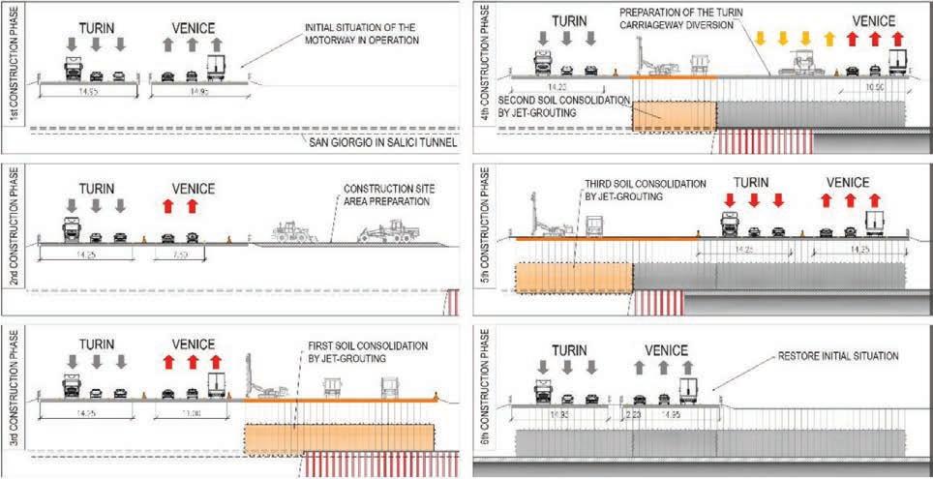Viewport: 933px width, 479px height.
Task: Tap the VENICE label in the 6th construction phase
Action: [666, 350]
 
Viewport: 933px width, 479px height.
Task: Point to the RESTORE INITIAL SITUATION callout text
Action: [838, 356]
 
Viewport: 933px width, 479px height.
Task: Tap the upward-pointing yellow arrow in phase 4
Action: [827, 39]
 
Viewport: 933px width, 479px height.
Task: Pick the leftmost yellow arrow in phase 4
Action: [760, 39]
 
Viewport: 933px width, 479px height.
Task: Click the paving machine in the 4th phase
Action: [799, 64]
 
